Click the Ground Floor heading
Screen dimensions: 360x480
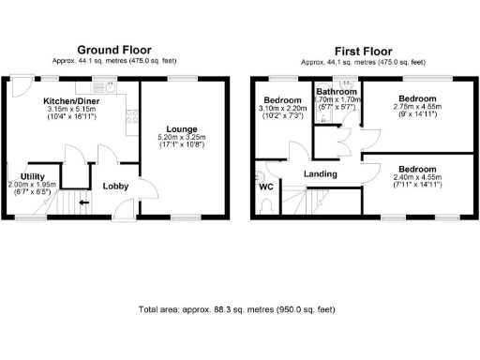[x=113, y=50]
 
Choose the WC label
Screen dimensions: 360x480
[x=266, y=186]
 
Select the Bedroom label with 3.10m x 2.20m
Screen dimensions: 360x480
[x=282, y=100]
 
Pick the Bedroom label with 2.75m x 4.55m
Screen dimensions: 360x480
[x=416, y=98]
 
